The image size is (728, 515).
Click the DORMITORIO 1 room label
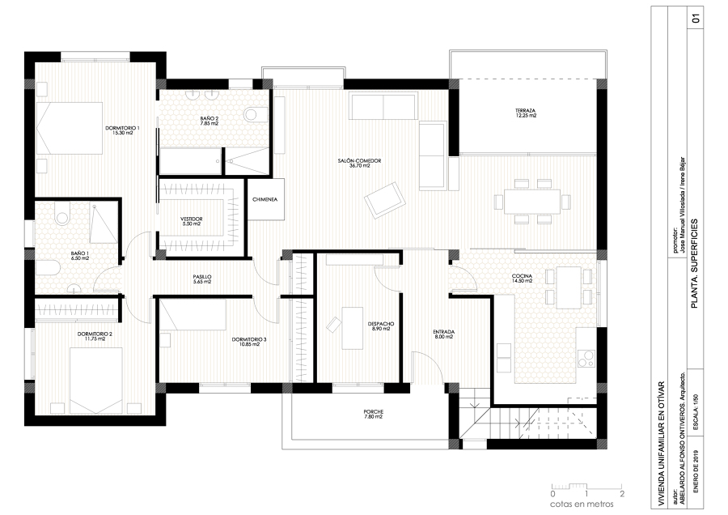tap(123, 130)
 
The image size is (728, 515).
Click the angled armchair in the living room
tap(383, 199)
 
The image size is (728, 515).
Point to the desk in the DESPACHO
tap(352, 326)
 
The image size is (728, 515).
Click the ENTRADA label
tap(443, 333)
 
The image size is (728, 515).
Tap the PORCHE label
tap(373, 414)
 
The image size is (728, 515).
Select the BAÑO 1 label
tap(79, 256)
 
